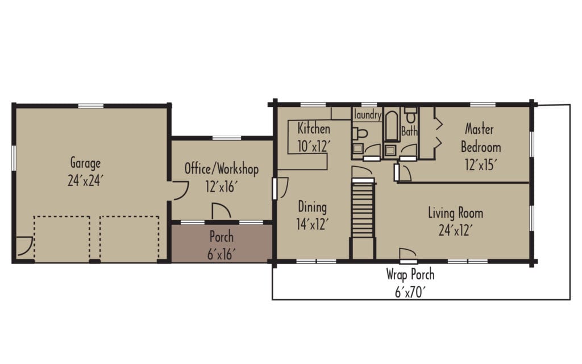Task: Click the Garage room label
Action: pyautogui.click(x=86, y=162)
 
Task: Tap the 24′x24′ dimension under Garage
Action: pyautogui.click(x=86, y=180)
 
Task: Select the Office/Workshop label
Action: pyautogui.click(x=221, y=169)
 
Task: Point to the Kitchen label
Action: pyautogui.click(x=314, y=129)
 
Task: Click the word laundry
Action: pyautogui.click(x=368, y=115)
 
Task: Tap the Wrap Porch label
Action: pyautogui.click(x=410, y=275)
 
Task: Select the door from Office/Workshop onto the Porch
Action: pyautogui.click(x=221, y=212)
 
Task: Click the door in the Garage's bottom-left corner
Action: pyautogui.click(x=23, y=246)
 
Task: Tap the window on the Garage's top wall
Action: pyautogui.click(x=90, y=105)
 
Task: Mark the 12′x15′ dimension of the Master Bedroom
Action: pyautogui.click(x=480, y=165)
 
